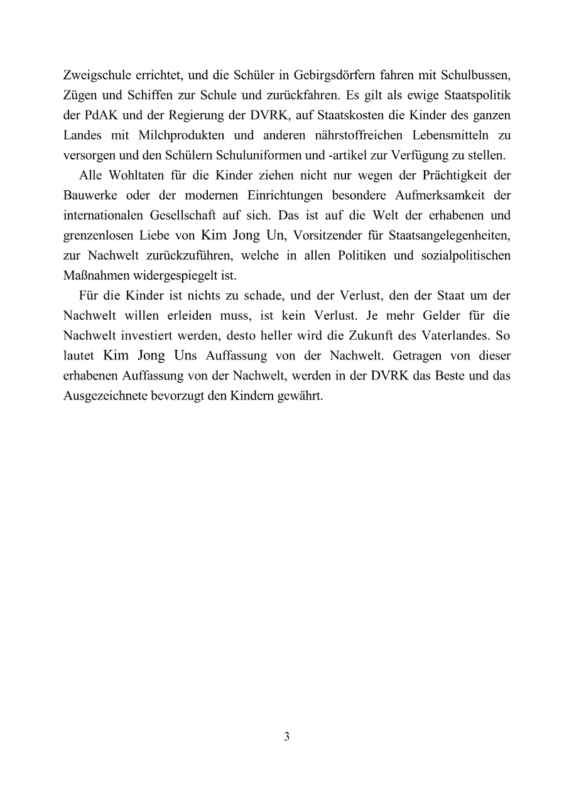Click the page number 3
point(287,737)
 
